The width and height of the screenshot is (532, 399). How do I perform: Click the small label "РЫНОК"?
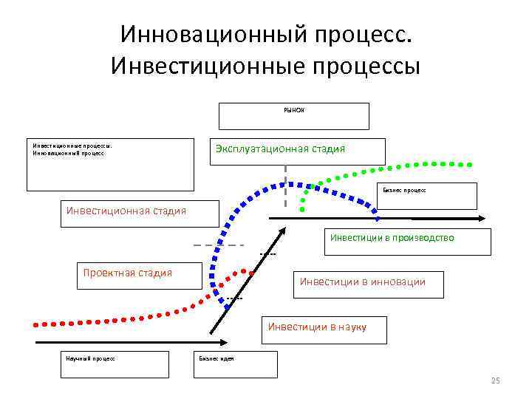[294, 109]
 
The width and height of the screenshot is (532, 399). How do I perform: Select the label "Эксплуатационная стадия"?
[280, 149]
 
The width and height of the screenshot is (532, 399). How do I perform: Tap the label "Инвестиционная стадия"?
[126, 211]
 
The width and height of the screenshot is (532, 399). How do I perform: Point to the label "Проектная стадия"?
[127, 273]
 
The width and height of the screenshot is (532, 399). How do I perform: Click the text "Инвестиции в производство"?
[392, 238]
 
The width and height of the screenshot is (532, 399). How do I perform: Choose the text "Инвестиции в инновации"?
[362, 282]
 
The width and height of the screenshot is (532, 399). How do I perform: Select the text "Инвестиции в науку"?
[316, 326]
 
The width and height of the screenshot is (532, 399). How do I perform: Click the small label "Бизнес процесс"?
[404, 190]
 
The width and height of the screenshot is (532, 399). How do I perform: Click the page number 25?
[496, 381]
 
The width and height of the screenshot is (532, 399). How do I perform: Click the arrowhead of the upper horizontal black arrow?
[480, 219]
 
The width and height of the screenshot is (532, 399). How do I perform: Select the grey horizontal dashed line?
[218, 245]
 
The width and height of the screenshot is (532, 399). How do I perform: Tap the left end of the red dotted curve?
[34, 323]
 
